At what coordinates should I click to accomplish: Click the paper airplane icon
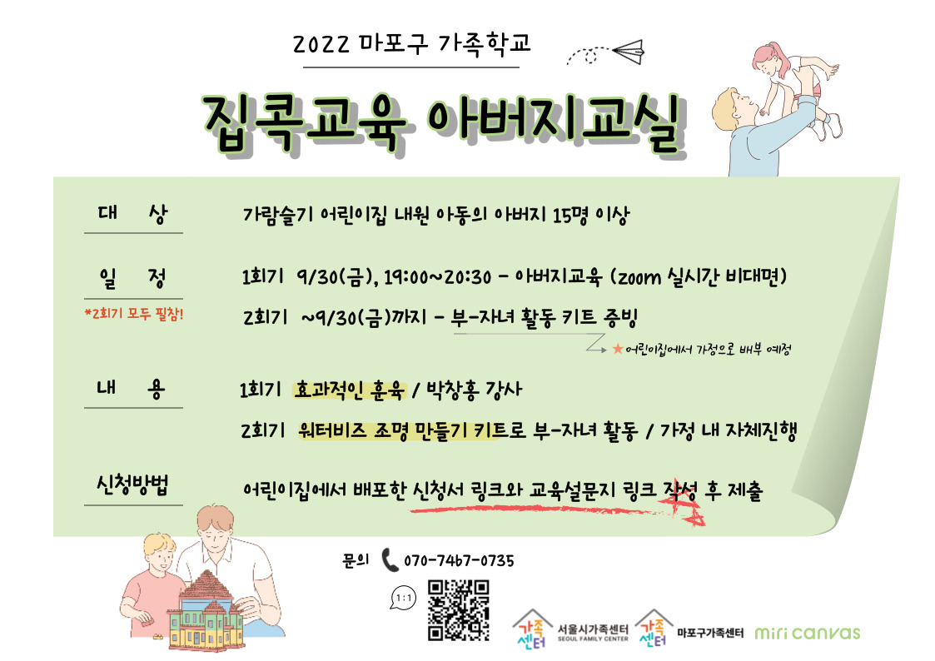pos(629,52)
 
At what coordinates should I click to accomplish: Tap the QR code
pos(459,610)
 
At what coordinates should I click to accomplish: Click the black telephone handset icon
pos(390,560)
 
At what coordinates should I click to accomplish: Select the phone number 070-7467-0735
pos(459,561)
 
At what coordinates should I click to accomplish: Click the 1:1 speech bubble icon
pos(404,598)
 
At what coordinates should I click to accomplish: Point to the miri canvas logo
pos(808,632)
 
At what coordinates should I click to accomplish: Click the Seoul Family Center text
pos(593,632)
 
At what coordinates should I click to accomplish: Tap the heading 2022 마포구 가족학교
pos(411,44)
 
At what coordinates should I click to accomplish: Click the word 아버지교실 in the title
pos(555,123)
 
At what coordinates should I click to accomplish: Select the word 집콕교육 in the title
pos(304,123)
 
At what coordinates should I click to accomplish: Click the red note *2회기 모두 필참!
pos(134,314)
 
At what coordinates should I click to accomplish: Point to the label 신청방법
pos(132,485)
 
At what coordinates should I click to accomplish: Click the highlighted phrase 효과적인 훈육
pos(350,390)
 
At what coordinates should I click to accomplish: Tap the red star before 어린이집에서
pos(618,349)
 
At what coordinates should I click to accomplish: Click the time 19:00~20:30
pos(437,277)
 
